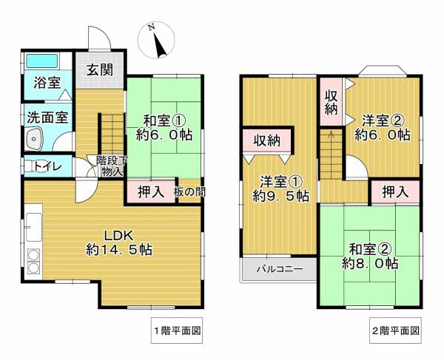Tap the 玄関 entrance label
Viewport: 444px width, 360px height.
tap(98, 71)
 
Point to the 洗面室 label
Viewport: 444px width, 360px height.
tap(47, 116)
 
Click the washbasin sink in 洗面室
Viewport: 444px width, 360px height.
tap(36, 138)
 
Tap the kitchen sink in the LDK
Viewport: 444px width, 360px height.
tap(34, 225)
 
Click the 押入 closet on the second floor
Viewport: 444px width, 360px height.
tap(395, 191)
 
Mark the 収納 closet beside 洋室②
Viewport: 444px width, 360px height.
tap(330, 103)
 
